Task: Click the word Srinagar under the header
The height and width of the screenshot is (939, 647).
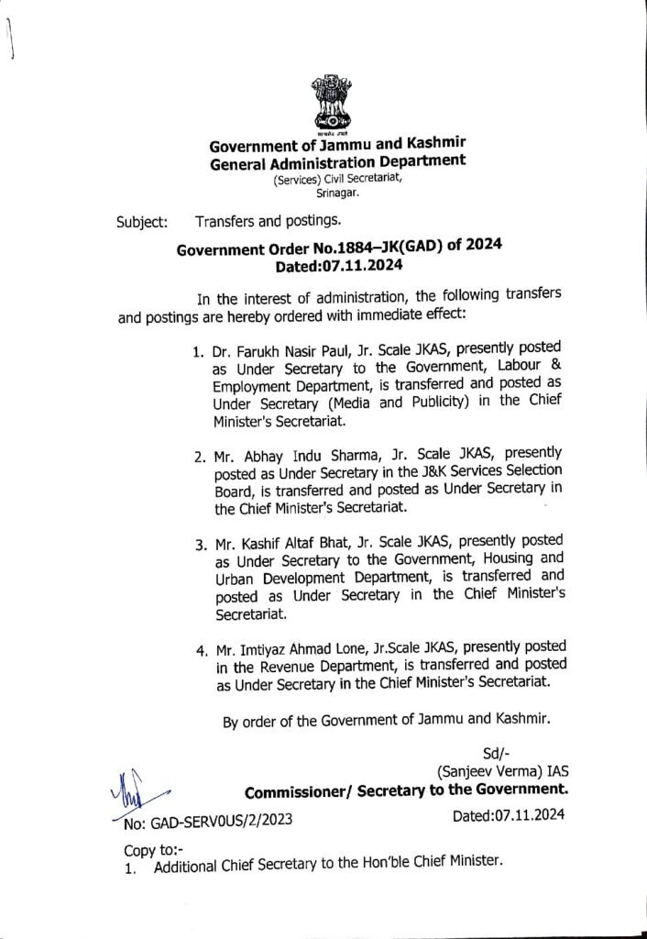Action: [x=339, y=195]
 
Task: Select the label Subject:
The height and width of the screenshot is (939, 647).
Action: [x=141, y=222]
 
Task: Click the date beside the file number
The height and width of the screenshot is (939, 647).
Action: [x=509, y=814]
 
